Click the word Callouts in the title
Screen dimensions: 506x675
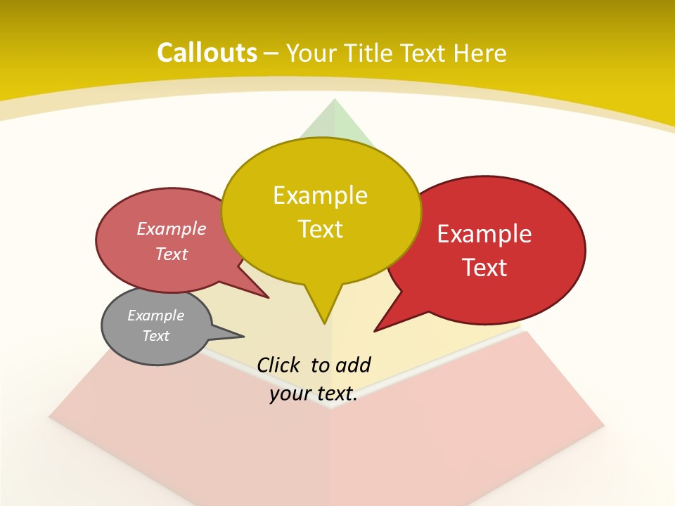pos(207,53)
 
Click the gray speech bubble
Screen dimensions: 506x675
pos(156,325)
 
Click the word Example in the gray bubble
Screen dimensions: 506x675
pos(156,316)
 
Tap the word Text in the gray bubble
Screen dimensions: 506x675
pos(156,336)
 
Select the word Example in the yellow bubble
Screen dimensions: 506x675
pos(320,195)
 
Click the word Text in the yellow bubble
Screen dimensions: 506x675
pos(320,229)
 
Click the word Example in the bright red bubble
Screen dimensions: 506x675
pos(484,234)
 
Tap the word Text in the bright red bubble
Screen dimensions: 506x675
pos(484,268)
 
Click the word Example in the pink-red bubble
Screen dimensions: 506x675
pos(172,229)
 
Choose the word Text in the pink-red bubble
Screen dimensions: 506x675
pos(172,254)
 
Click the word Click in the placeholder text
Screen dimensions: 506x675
pos(279,365)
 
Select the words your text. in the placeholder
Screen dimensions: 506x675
pos(314,394)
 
